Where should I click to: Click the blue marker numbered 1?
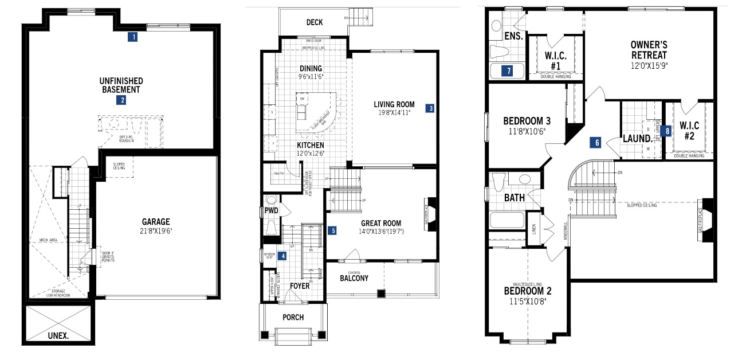133,37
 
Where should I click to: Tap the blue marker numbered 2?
121,100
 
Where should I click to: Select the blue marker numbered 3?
430,107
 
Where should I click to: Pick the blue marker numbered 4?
282,256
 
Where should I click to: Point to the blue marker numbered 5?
332,231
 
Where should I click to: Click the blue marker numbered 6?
596,143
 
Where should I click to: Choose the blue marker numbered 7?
506,71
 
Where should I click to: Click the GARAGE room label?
156,222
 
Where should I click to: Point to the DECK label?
314,22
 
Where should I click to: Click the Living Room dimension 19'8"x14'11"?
394,114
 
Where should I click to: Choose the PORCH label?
293,318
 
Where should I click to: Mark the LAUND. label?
638,139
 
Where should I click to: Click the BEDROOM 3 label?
527,121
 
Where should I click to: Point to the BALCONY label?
354,279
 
